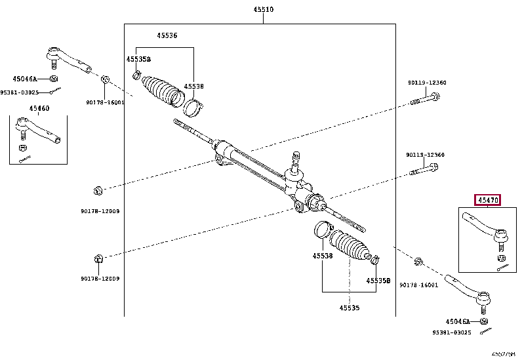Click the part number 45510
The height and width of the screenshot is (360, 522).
pyautogui.click(x=263, y=10)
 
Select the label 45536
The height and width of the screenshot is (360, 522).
pyautogui.click(x=167, y=35)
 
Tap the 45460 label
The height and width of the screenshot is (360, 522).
pyautogui.click(x=39, y=108)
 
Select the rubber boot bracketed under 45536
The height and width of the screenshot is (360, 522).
pyautogui.click(x=163, y=91)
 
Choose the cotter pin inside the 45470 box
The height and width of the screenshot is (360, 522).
pyautogui.click(x=503, y=266)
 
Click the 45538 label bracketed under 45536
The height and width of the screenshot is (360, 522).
pyautogui.click(x=194, y=86)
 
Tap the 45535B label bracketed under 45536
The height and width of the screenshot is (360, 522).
pyautogui.click(x=138, y=59)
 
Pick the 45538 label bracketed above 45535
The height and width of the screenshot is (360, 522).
pyautogui.click(x=322, y=256)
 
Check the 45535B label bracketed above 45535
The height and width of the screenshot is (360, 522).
pyautogui.click(x=378, y=281)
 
